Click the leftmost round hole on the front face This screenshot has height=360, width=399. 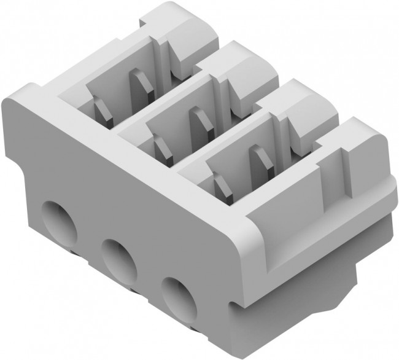pyautogui.click(x=58, y=218)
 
